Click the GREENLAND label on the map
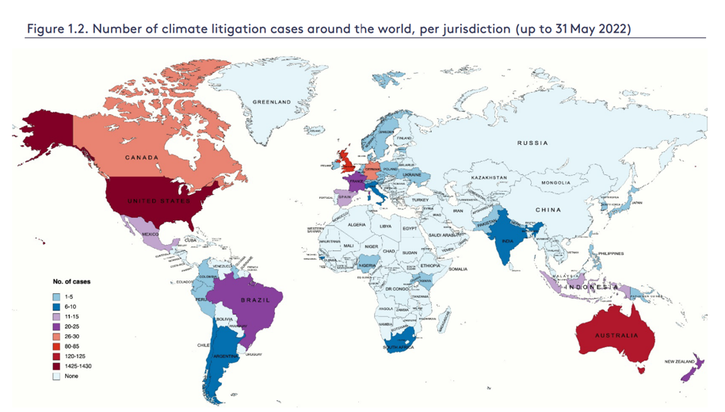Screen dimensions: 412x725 272,102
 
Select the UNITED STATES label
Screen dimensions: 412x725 159,200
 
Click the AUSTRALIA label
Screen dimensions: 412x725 616,335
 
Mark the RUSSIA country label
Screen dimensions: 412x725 532,143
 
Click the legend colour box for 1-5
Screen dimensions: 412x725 56,296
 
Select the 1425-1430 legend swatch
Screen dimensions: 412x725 56,366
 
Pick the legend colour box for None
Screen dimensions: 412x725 56,376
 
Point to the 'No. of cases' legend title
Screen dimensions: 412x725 71,281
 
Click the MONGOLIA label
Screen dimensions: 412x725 555,183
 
